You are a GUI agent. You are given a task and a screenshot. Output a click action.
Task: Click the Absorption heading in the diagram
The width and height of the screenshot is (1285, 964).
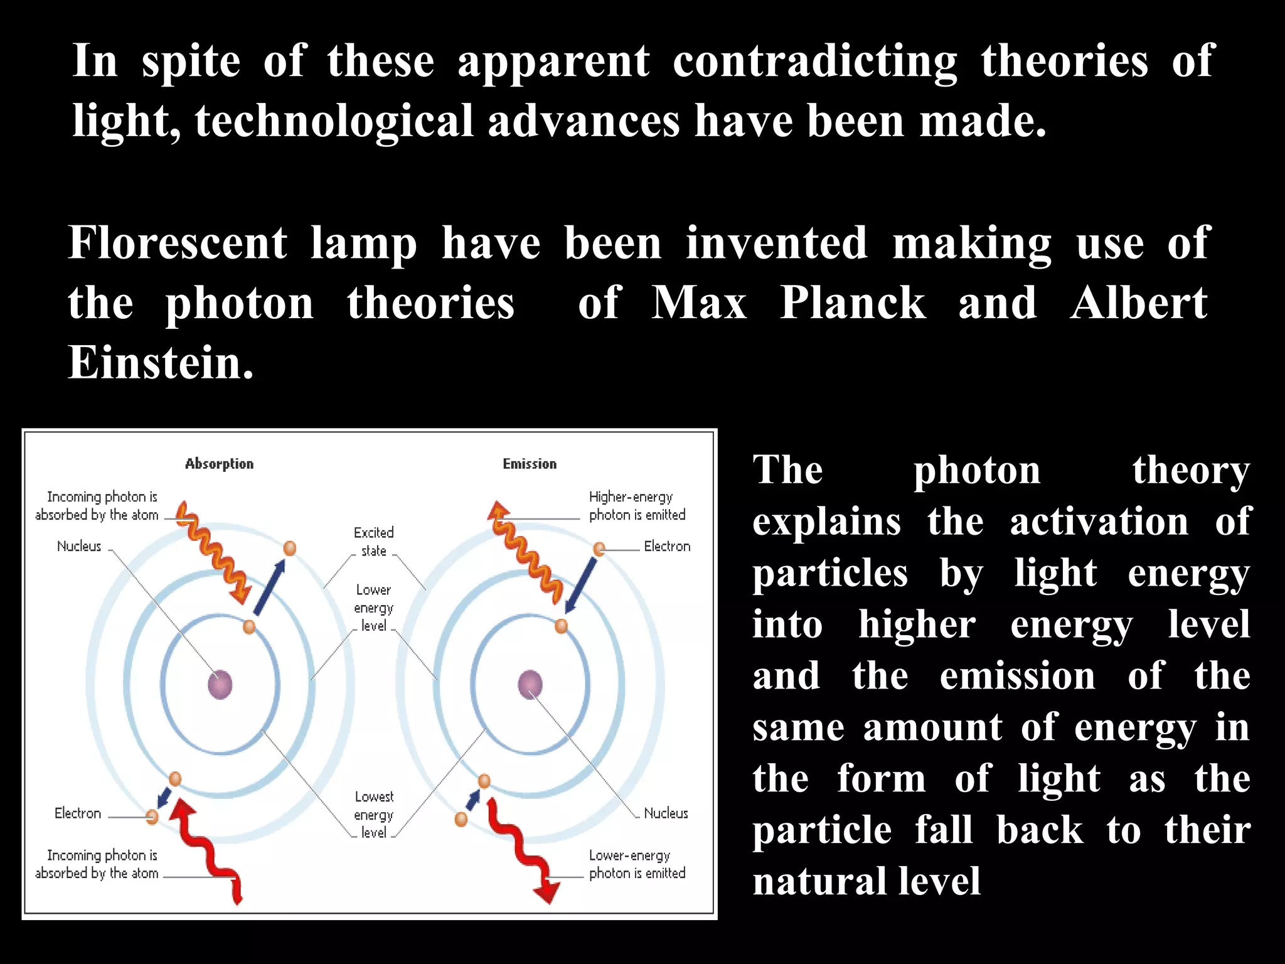pos(219,464)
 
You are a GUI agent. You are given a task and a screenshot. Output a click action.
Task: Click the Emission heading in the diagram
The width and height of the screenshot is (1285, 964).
pos(530,464)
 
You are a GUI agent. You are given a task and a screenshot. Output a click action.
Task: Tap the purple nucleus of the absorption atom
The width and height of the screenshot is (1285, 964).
pos(220,684)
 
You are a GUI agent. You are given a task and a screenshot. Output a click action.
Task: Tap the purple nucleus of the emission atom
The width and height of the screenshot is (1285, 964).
pos(530,684)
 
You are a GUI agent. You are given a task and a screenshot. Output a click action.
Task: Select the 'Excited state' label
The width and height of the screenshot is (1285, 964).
pos(374,542)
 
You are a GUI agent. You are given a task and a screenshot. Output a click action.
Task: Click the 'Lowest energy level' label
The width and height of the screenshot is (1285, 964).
pos(374,815)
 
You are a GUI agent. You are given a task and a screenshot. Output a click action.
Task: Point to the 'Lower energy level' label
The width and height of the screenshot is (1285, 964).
pos(374,608)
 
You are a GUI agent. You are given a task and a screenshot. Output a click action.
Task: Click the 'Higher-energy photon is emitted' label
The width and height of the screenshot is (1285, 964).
pos(636,506)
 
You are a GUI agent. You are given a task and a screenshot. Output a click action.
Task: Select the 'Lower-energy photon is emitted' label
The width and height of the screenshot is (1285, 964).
pos(636,864)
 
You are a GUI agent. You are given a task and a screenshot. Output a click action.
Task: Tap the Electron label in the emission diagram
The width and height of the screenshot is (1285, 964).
pos(667,547)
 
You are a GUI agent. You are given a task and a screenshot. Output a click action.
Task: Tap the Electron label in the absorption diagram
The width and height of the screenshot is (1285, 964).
pos(78,813)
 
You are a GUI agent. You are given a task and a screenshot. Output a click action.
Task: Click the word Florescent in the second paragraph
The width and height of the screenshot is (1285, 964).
pos(178,244)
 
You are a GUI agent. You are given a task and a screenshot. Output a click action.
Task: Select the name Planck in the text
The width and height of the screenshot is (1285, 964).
pos(853,304)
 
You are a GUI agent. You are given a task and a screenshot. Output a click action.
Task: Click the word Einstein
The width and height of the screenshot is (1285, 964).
pos(161,363)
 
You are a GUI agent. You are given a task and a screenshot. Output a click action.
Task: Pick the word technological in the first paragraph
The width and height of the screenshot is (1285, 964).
pos(334,121)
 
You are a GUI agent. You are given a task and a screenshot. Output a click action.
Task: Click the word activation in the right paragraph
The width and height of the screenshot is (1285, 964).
pos(1099,522)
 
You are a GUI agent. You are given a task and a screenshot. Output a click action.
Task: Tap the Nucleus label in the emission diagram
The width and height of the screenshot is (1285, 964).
pos(666,813)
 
